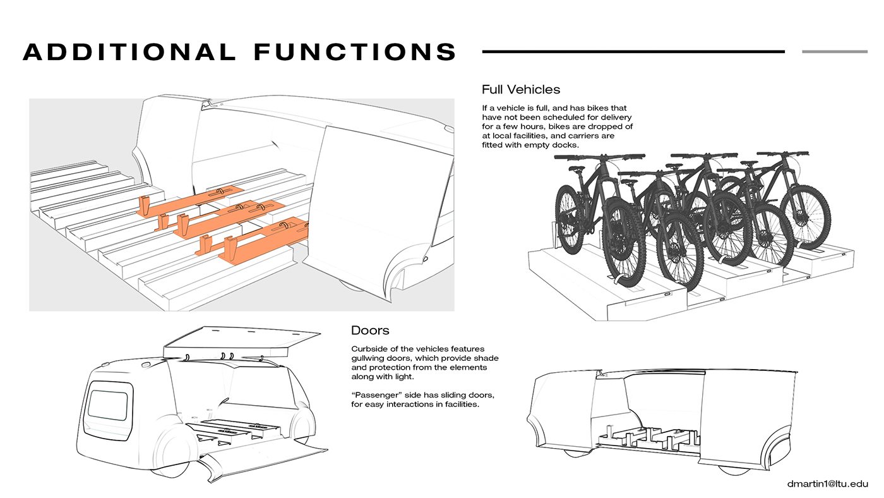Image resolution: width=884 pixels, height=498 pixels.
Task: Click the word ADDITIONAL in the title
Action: click(129, 52)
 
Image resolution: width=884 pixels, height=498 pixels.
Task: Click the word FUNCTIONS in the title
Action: click(355, 52)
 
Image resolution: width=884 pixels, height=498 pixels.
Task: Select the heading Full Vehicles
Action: click(520, 89)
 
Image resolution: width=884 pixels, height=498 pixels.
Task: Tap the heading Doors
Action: click(370, 330)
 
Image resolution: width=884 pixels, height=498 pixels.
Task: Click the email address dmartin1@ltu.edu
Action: click(827, 483)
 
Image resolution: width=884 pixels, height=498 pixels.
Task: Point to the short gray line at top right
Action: click(834, 52)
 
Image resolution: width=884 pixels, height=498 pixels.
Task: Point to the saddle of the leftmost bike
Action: click(576, 169)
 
